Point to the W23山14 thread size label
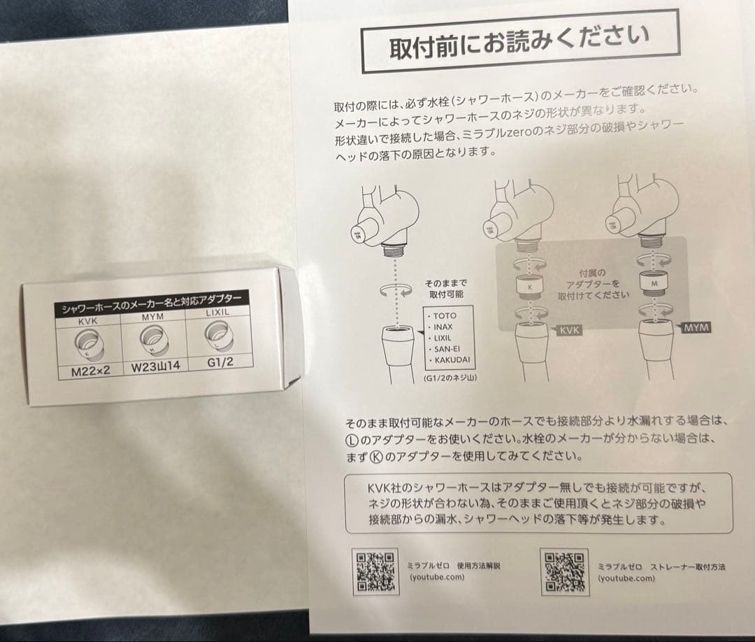[154, 366]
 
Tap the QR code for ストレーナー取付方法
[563, 570]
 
